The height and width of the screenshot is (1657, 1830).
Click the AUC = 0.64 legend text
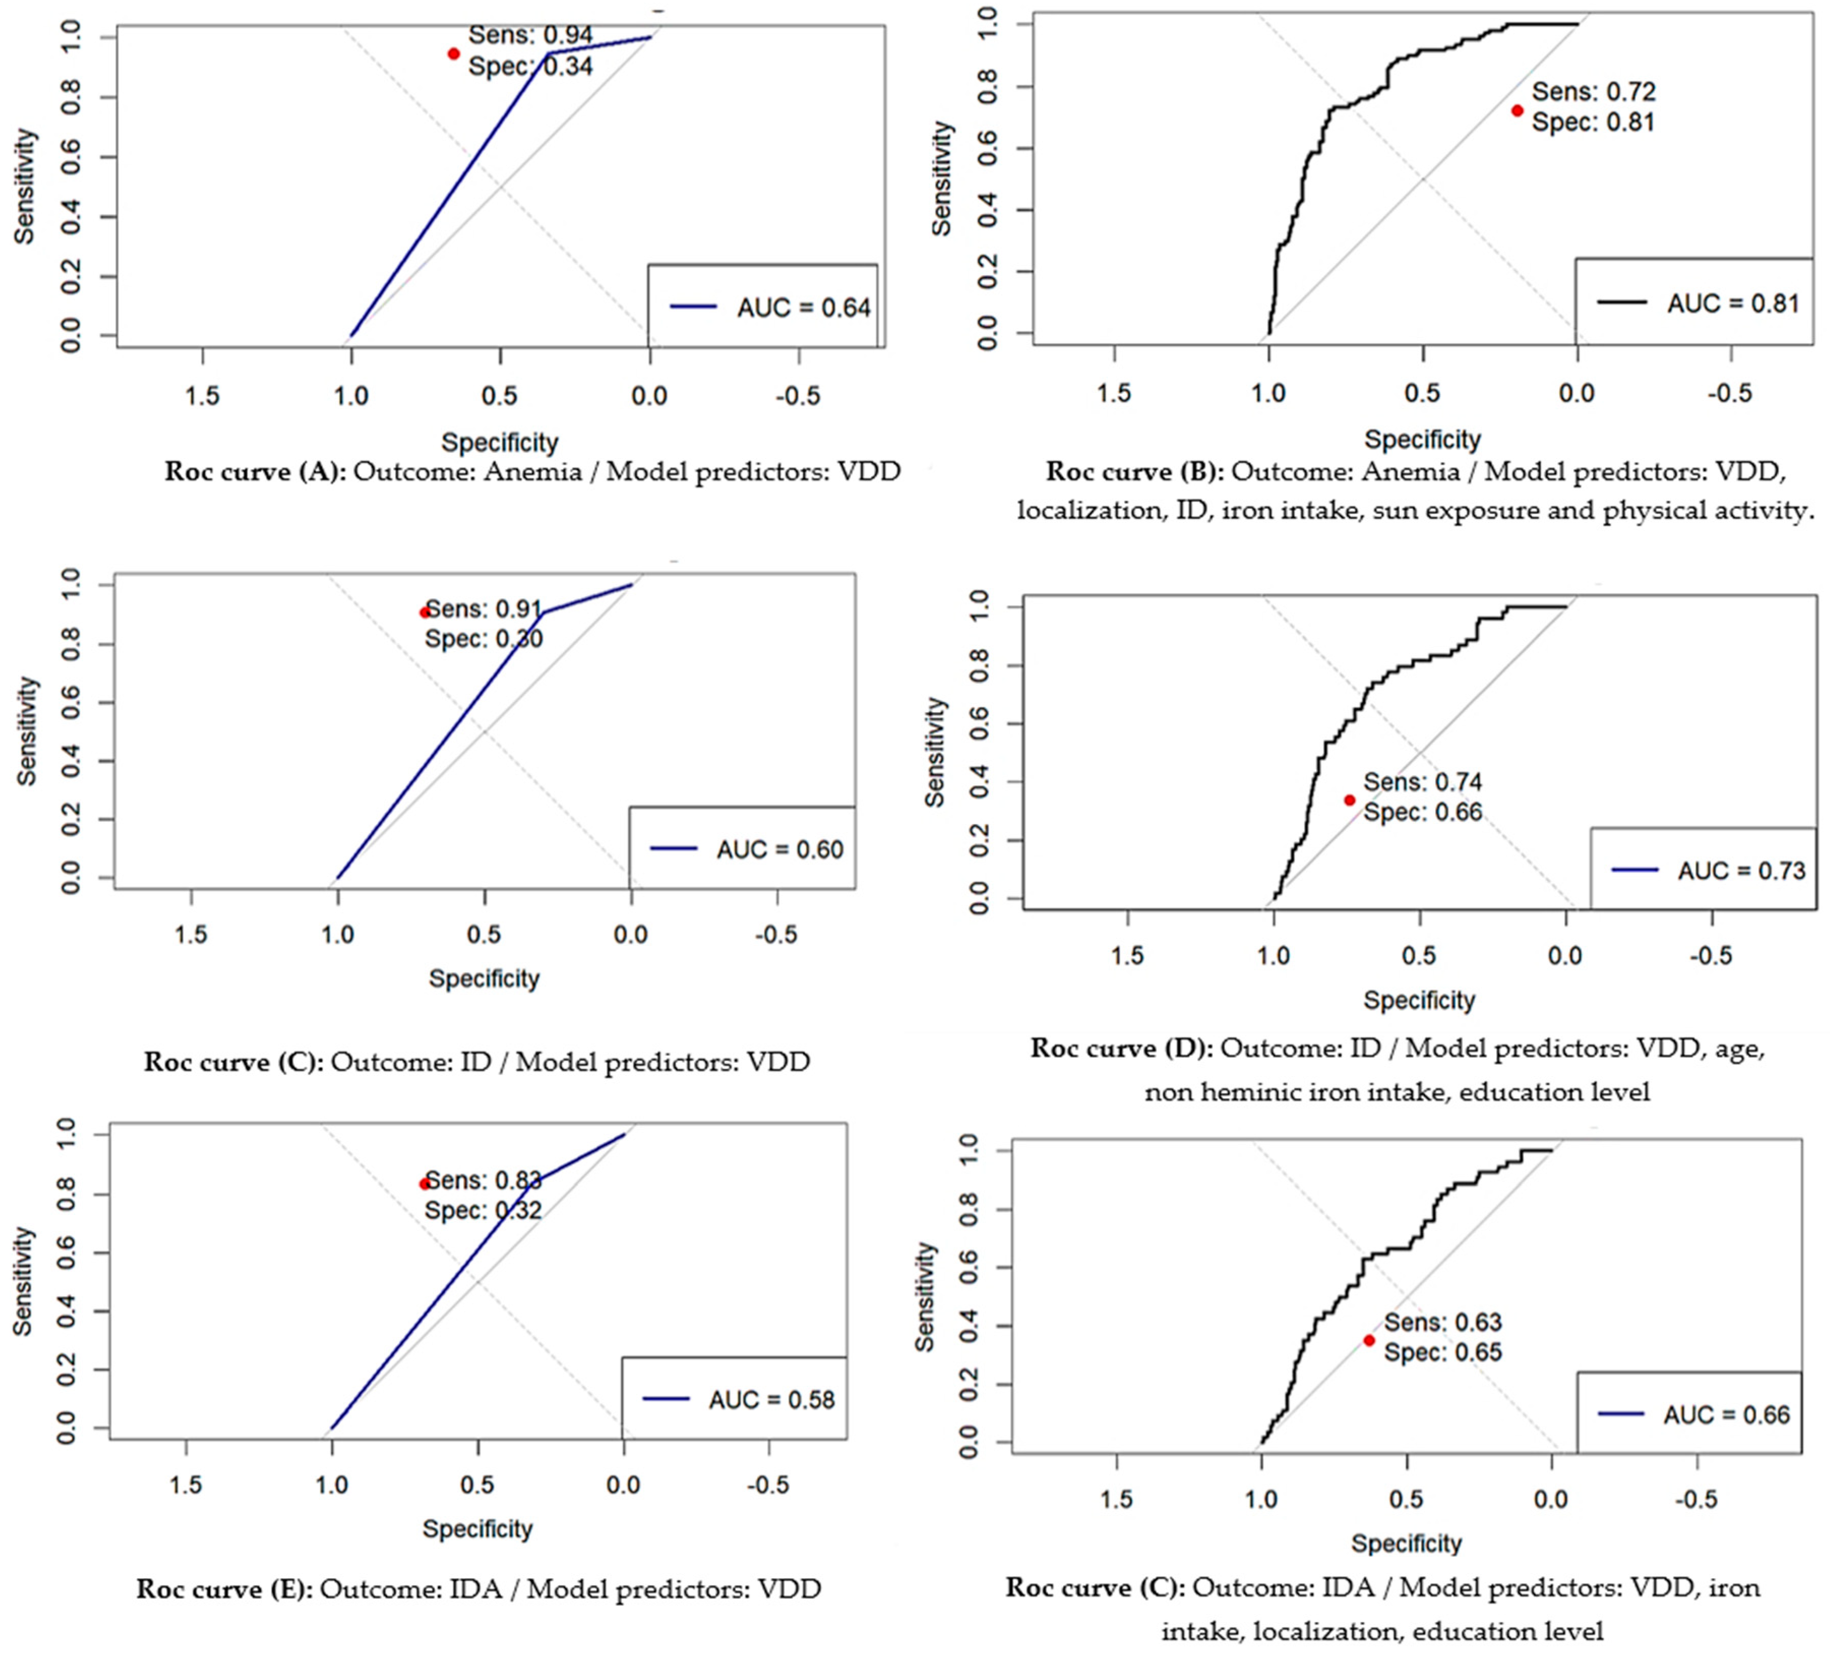803,309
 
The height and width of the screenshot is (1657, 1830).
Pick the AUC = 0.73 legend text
1741,871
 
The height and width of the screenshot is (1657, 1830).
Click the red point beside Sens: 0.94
454,53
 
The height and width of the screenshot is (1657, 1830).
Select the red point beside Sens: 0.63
1369,1340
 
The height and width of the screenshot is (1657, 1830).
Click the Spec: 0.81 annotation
1593,122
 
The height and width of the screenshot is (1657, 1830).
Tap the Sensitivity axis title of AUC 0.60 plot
28,730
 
